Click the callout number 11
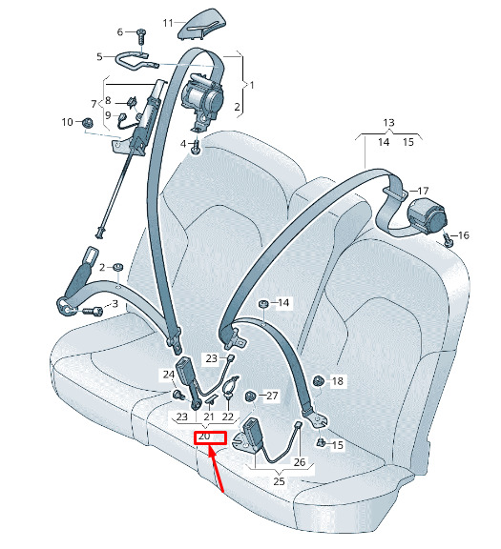tap(168, 23)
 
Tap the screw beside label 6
tap(141, 36)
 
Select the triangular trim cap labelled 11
tap(202, 24)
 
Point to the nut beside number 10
tap(87, 123)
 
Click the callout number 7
tap(94, 104)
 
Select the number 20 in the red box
tap(204, 437)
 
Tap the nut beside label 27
tap(250, 396)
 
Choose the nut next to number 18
tap(318, 380)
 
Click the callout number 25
tap(279, 481)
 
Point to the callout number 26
tap(300, 462)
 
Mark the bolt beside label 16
tap(449, 240)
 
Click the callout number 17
tap(423, 191)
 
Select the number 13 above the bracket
tap(388, 123)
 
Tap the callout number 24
tap(169, 375)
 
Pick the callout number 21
tap(209, 417)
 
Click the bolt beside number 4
tap(196, 147)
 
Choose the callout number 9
tap(108, 115)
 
